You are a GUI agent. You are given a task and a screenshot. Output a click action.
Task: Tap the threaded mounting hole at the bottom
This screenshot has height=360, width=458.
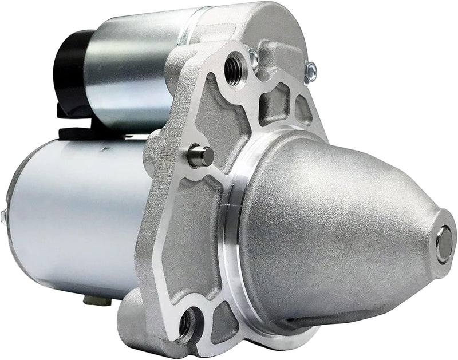[x=187, y=325]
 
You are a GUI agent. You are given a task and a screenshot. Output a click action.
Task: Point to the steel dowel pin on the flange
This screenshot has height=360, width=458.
[x=200, y=156]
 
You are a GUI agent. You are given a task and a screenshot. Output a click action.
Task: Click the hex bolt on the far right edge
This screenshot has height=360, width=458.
[x=311, y=70]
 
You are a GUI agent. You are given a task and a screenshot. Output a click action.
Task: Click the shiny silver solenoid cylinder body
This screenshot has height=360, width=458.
[x=129, y=69]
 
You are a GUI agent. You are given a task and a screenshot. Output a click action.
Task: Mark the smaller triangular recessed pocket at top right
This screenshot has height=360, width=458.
[x=302, y=109]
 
